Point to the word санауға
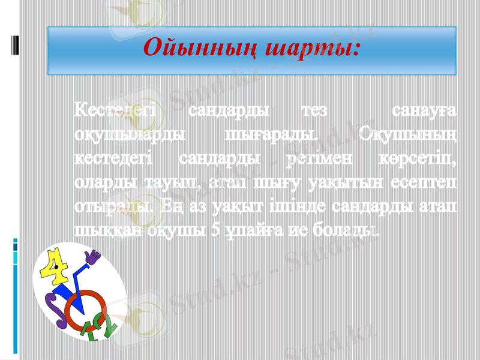point(423,112)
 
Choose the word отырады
point(115,206)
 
